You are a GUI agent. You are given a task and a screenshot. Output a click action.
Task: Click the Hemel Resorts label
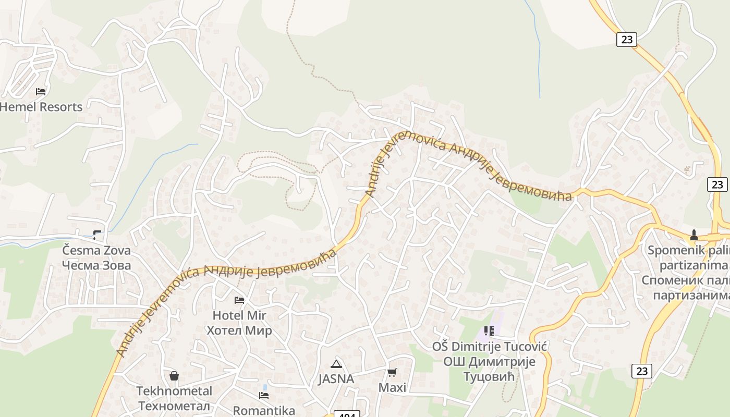(x=41, y=107)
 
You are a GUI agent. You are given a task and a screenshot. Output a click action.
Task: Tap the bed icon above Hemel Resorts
(x=41, y=92)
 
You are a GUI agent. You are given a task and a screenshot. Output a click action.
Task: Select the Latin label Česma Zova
(x=96, y=250)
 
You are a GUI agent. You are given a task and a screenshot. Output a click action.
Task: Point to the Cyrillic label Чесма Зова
(x=96, y=265)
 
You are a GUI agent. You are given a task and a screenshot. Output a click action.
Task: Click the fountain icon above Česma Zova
(x=98, y=235)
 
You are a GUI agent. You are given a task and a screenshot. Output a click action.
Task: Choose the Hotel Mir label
(x=239, y=315)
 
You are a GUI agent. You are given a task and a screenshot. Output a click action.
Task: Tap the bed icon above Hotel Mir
(x=239, y=300)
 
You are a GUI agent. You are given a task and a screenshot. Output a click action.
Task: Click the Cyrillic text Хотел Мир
(x=239, y=330)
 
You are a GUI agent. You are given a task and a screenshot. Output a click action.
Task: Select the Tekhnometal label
(x=174, y=391)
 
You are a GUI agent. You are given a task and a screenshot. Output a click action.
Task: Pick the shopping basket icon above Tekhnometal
(x=174, y=376)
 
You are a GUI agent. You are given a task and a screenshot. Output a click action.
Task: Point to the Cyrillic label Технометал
(x=174, y=406)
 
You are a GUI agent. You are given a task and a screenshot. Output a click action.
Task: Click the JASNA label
(x=336, y=379)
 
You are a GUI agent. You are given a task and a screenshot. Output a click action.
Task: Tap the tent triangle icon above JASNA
(x=336, y=364)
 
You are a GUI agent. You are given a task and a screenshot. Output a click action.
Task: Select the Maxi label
(x=392, y=387)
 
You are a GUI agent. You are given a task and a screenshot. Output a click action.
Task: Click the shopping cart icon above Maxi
(x=392, y=372)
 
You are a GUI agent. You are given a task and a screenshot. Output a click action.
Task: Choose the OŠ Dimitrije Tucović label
(x=489, y=347)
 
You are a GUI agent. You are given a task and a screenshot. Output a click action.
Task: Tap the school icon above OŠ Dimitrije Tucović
(x=489, y=331)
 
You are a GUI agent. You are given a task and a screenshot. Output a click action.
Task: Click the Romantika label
(x=264, y=410)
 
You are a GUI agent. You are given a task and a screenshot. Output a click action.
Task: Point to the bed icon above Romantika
(x=264, y=395)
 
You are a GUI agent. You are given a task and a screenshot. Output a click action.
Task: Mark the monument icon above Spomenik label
(x=694, y=235)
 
